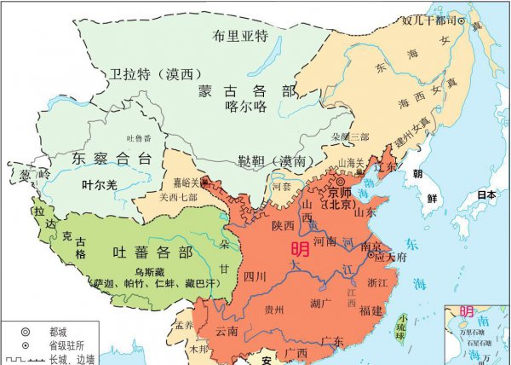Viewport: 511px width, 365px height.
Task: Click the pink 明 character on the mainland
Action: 301,249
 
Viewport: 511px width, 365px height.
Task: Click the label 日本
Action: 486,194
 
